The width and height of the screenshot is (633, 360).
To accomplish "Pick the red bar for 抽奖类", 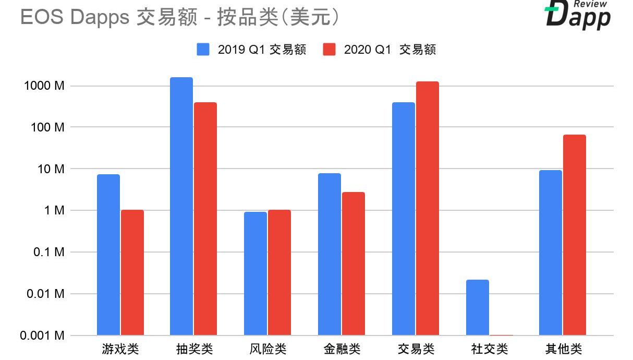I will point(205,219).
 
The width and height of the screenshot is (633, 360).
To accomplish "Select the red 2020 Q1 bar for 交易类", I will point(428,208).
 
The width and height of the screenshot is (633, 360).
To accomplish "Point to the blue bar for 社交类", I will point(478,307).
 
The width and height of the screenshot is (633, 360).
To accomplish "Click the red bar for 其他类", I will point(575,235).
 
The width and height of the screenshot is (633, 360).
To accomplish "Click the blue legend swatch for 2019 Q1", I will point(203,50).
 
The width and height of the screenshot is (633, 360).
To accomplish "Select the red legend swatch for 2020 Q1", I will point(329,50).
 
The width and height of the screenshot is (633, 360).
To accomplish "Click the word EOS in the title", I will point(42,17).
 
